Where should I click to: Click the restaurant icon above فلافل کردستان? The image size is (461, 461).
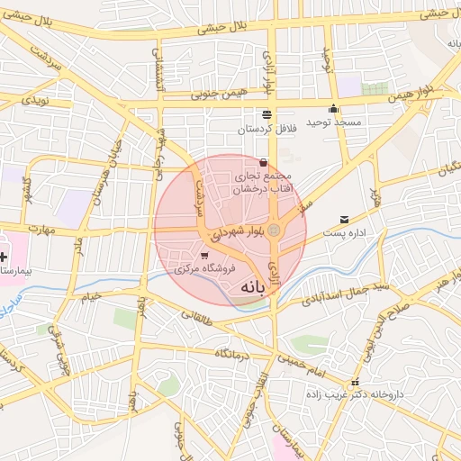[x=266, y=114]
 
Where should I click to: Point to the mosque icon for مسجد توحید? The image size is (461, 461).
[x=334, y=109]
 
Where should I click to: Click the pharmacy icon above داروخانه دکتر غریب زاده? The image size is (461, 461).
[x=358, y=380]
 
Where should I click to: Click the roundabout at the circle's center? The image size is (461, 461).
[x=276, y=231]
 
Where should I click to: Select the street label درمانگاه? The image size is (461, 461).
[x=231, y=355]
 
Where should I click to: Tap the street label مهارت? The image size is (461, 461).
[x=41, y=229]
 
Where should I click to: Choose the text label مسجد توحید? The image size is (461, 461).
[x=334, y=122]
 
